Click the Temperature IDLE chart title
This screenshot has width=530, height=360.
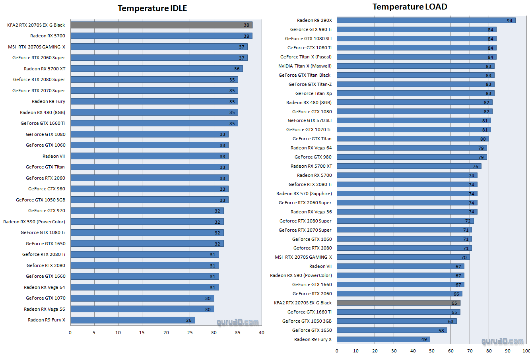pyautogui.click(x=152, y=8)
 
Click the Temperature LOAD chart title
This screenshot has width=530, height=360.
pyautogui.click(x=410, y=7)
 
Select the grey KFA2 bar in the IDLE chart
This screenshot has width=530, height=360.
pyautogui.click(x=161, y=25)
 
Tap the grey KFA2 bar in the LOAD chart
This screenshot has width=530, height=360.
pyautogui.click(x=398, y=303)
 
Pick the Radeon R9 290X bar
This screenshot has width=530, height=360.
pyautogui.click(x=426, y=20)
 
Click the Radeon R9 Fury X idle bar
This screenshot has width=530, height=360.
pyautogui.click(x=132, y=320)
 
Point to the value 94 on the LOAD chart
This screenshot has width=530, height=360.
pyautogui.click(x=509, y=21)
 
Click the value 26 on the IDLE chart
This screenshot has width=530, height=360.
pyautogui.click(x=189, y=320)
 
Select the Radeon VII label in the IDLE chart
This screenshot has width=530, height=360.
pyautogui.click(x=54, y=156)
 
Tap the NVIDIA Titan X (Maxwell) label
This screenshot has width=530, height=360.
pyautogui.click(x=305, y=66)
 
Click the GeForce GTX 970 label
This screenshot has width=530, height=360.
pyautogui.click(x=47, y=211)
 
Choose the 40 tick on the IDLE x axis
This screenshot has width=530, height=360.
pyautogui.click(x=261, y=333)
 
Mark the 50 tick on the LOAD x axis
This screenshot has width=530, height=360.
pyautogui.click(x=432, y=351)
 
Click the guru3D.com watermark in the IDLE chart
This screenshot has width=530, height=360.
pyautogui.click(x=238, y=322)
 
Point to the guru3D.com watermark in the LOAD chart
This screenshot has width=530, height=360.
pyautogui.click(x=502, y=341)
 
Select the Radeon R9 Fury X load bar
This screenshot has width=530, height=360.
pyautogui.click(x=383, y=339)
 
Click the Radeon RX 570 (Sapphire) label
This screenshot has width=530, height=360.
pyautogui.click(x=304, y=194)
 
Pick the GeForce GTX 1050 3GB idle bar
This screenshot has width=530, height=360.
pyautogui.click(x=149, y=200)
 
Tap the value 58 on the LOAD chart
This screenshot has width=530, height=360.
pyautogui.click(x=441, y=331)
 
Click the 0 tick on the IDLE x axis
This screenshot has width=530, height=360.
pyautogui.click(x=70, y=333)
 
